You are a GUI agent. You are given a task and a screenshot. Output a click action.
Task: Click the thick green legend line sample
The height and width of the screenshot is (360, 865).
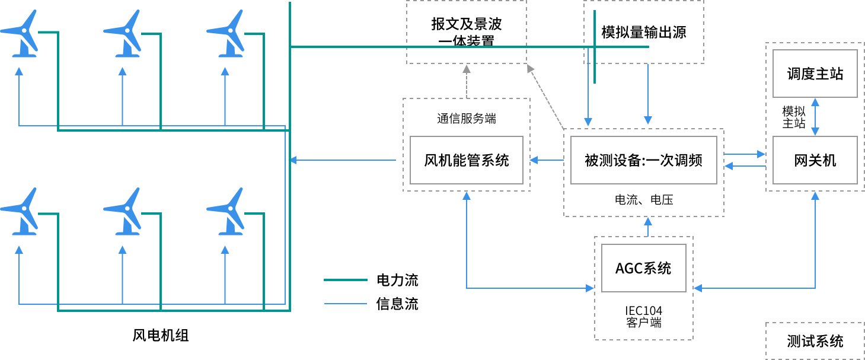coord(345,279)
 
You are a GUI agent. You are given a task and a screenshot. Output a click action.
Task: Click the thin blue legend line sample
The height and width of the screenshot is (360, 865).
coord(345,304)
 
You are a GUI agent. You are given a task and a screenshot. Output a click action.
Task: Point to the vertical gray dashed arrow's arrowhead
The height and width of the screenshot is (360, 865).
coord(467,69)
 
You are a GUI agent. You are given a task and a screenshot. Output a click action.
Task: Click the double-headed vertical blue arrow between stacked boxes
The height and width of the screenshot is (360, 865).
coord(815,117)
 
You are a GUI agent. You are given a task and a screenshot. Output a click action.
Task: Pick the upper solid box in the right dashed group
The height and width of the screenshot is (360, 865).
coord(815,74)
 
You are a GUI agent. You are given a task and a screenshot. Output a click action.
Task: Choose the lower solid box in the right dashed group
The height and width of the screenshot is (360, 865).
coord(815,160)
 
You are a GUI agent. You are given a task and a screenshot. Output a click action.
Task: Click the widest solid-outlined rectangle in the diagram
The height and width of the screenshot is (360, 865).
coord(643,160)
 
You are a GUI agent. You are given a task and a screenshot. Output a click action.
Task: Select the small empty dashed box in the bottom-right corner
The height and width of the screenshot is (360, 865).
coord(815,340)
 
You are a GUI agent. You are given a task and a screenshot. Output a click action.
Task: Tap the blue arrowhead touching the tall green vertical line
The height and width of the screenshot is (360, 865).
coord(292,160)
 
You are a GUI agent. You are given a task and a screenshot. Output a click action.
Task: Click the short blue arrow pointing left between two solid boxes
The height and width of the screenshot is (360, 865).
coord(547,160)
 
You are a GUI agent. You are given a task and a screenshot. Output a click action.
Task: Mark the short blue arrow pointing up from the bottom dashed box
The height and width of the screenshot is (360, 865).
coord(648,227)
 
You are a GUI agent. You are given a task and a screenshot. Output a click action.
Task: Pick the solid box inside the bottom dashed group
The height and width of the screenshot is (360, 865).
coord(643,268)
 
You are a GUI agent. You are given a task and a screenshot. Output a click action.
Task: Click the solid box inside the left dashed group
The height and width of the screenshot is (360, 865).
coord(467,160)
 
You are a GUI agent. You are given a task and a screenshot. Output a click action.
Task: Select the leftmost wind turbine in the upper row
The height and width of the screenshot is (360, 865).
coord(21,34)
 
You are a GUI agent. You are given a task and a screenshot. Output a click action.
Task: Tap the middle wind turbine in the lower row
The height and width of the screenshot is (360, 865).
coord(124,212)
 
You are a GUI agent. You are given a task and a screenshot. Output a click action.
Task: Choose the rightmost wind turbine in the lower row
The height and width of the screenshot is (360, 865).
coord(227,212)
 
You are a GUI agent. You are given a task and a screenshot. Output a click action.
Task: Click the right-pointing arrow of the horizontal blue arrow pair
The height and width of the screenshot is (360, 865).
coord(746,154)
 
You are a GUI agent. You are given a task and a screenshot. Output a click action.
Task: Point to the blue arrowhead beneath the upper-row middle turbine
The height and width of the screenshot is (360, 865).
coord(123,71)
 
